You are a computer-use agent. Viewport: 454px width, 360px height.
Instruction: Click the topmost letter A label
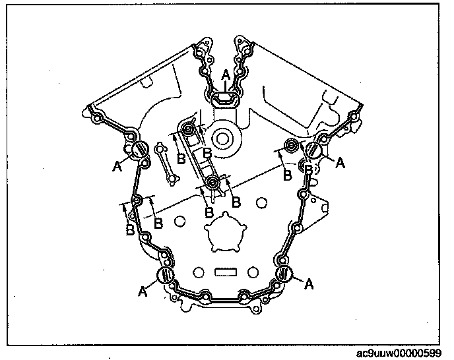pos(225,77)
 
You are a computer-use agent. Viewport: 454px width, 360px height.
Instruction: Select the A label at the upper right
pos(340,163)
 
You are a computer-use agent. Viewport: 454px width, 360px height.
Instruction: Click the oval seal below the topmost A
pos(224,98)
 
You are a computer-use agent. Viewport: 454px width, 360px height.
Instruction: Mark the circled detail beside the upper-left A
pos(140,150)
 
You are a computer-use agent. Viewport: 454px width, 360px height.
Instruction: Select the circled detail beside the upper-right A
pos(314,150)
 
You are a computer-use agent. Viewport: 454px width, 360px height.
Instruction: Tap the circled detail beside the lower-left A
pos(166,275)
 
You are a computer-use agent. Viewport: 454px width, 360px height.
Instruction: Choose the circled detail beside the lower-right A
pos(284,272)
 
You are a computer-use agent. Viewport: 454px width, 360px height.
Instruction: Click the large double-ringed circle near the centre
pos(220,140)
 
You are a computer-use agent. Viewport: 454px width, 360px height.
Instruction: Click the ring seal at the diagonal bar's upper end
pos(189,130)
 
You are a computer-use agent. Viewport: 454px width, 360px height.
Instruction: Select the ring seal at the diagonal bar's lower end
pos(212,182)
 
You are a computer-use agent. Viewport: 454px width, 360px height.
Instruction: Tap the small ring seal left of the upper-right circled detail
pos(290,145)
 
